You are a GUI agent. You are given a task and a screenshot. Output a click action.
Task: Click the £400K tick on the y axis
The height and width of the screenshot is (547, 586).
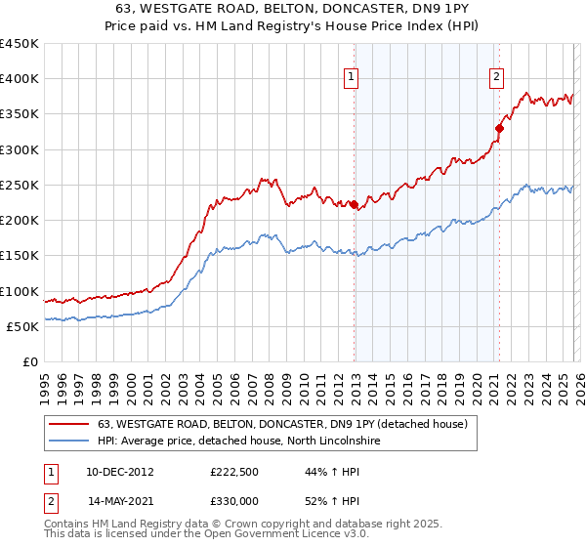pyautogui.click(x=20, y=79)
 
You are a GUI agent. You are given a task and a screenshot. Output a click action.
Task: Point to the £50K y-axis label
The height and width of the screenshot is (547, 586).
pyautogui.click(x=23, y=327)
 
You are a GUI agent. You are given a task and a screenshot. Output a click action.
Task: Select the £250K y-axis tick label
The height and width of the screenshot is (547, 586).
pyautogui.click(x=20, y=186)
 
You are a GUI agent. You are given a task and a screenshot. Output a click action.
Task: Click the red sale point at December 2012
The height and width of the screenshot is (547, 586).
pyautogui.click(x=354, y=204)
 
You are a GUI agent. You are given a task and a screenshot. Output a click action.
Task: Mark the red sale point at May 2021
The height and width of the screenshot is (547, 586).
pyautogui.click(x=499, y=128)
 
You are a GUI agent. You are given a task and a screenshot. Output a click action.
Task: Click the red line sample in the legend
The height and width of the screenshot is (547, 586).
pyautogui.click(x=69, y=424)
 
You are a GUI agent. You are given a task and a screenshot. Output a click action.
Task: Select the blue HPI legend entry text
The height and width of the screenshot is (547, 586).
pyautogui.click(x=242, y=441)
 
